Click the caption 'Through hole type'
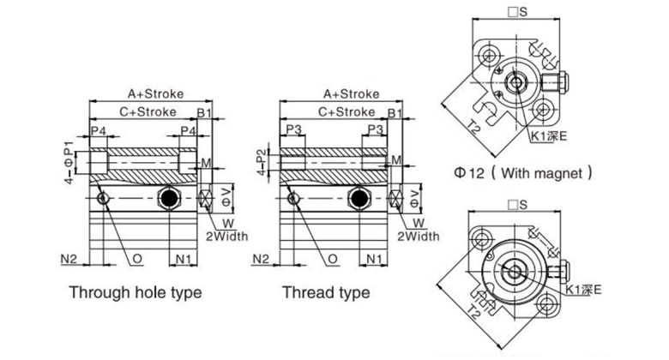pyautogui.click(x=136, y=292)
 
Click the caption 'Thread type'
pyautogui.click(x=326, y=292)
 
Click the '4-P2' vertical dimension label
pyautogui.click(x=262, y=159)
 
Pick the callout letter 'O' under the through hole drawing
pyautogui.click(x=137, y=257)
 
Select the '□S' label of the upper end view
pyautogui.click(x=517, y=11)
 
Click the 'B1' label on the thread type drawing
pyautogui.click(x=395, y=112)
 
